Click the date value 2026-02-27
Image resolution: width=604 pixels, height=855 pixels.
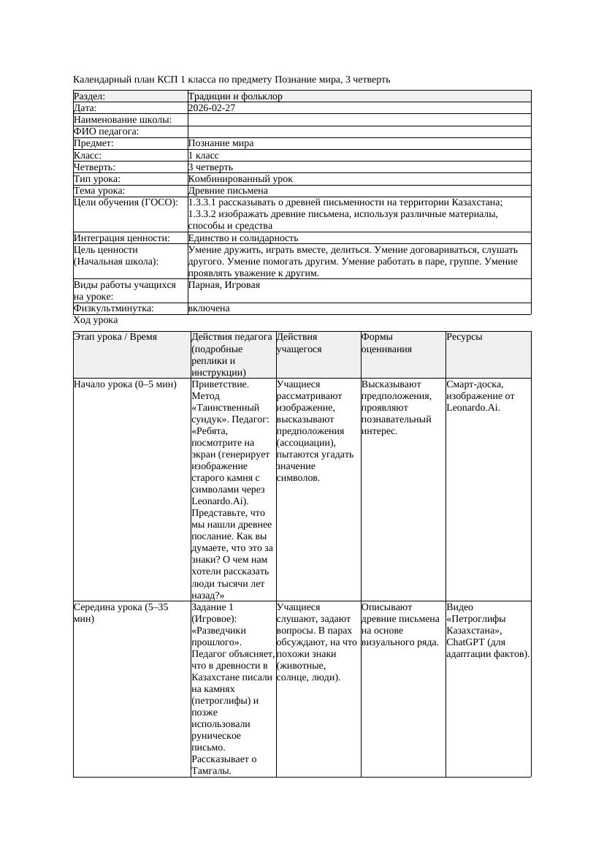point(212,108)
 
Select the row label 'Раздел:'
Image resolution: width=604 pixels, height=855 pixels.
point(90,96)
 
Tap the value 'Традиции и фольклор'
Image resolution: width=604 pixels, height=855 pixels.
point(235,96)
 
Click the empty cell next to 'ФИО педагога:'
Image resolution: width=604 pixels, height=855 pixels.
point(359,132)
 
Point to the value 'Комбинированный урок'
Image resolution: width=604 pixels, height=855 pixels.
point(240,178)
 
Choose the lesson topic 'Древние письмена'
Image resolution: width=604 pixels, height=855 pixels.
point(228,191)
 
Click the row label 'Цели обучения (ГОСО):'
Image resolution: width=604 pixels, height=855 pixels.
point(126,202)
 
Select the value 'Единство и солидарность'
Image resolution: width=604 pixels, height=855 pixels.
point(243,238)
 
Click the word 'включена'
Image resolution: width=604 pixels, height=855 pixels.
point(209,308)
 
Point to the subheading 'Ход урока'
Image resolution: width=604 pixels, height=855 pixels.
point(96,320)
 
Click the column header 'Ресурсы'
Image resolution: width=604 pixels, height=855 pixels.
point(465,337)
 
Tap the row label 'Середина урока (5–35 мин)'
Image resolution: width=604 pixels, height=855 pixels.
point(121,612)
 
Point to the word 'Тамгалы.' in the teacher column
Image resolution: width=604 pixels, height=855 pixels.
point(211,770)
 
